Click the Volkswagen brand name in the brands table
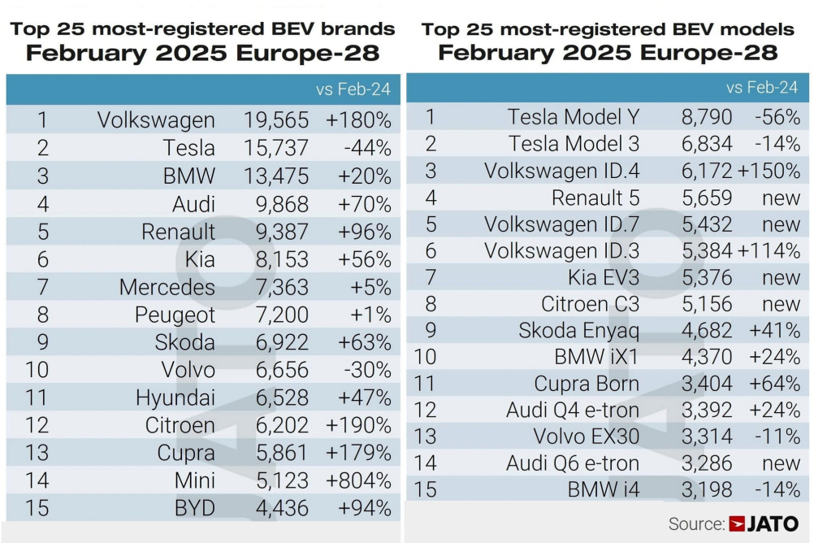click(x=156, y=120)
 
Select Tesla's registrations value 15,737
click(x=276, y=148)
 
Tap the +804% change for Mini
click(x=358, y=480)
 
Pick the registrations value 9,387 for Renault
click(x=276, y=232)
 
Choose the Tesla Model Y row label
click(x=574, y=117)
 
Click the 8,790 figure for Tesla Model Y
click(x=707, y=117)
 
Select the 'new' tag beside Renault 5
click(x=782, y=198)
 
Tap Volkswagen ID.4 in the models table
click(x=561, y=172)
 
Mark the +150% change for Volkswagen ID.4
click(x=769, y=172)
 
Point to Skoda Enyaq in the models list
click(x=579, y=331)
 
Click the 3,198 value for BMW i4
click(x=707, y=490)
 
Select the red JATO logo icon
click(x=738, y=524)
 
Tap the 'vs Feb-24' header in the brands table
click(x=353, y=89)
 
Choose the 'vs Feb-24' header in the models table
click(x=762, y=87)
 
